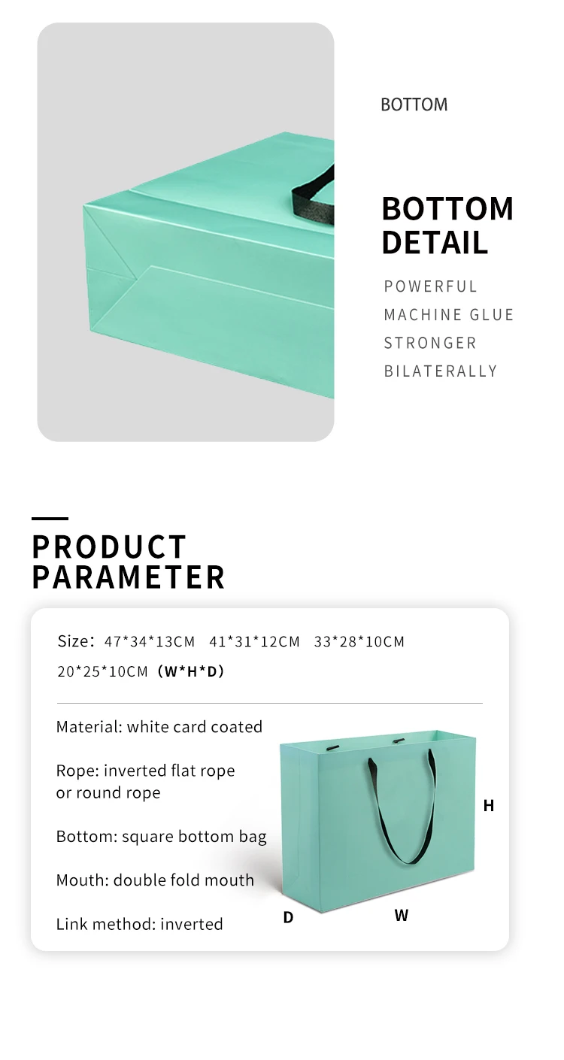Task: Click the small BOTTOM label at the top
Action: click(414, 104)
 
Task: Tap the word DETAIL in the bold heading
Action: click(435, 243)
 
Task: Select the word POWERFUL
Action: click(430, 286)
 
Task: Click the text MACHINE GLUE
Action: click(448, 315)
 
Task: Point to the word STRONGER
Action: click(430, 343)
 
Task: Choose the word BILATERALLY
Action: click(441, 371)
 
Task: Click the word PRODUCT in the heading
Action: click(109, 547)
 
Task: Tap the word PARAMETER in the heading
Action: click(129, 577)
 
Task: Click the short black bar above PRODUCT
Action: click(50, 519)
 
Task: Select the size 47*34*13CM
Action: click(150, 642)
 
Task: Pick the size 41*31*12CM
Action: click(254, 642)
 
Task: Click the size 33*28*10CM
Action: click(359, 642)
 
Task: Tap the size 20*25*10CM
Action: click(102, 671)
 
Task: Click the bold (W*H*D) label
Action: click(191, 671)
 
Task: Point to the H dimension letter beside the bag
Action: click(489, 805)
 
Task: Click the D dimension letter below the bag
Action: click(288, 918)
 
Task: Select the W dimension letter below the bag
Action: click(401, 915)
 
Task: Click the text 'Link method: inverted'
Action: click(139, 924)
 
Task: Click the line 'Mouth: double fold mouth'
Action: click(155, 880)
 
